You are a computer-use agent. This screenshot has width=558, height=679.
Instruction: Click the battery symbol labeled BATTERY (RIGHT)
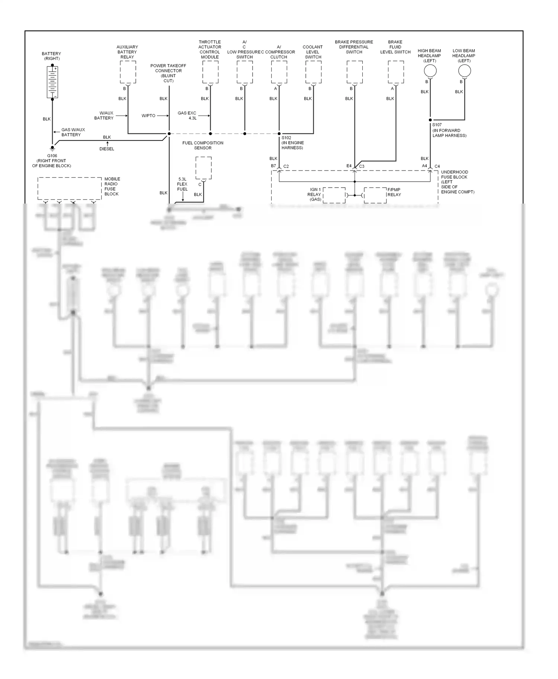52,82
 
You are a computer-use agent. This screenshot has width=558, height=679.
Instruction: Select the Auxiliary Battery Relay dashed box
128,72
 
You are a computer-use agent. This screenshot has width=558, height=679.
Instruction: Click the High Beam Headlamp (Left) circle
430,71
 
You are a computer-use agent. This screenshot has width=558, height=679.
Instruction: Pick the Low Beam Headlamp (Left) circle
464,71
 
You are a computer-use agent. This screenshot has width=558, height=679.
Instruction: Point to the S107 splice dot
430,120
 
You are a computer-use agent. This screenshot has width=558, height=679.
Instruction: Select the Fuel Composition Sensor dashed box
203,168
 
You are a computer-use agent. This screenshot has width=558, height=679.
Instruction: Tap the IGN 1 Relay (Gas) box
334,195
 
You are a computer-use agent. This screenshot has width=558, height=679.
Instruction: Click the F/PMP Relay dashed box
375,195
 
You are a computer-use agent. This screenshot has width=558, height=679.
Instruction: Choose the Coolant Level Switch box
313,72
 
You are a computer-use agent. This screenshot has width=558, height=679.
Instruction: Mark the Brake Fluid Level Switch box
396,72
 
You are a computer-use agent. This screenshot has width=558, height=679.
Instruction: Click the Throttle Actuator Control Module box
210,72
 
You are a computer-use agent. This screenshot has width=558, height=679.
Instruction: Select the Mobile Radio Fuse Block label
112,186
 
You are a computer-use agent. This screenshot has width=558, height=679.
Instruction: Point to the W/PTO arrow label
148,116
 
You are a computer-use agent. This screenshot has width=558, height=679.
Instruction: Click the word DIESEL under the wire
107,149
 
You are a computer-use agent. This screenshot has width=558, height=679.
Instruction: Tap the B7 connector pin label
273,166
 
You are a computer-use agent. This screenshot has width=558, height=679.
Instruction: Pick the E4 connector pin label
349,166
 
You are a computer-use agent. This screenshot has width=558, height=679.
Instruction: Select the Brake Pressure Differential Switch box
355,72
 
